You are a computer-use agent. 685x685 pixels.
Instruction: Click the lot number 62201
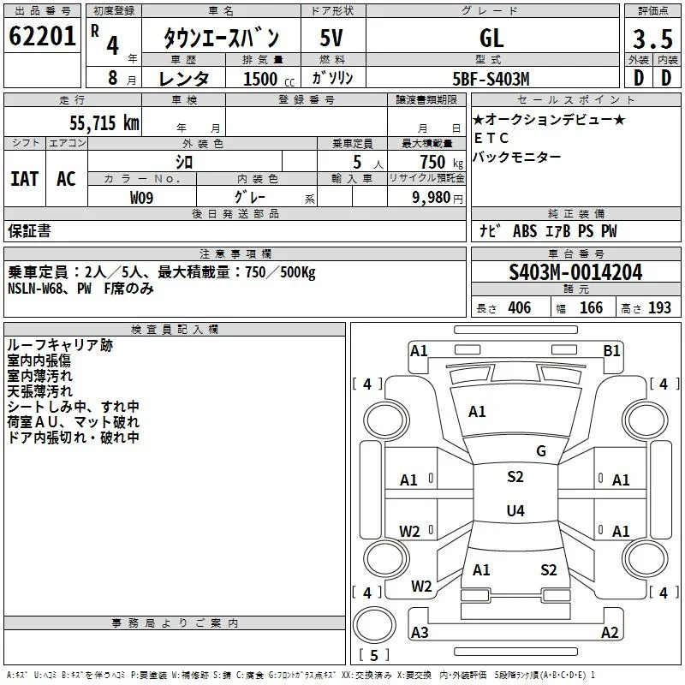point(42,35)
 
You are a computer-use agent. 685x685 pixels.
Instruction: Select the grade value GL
point(491,38)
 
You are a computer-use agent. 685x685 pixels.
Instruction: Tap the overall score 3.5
point(652,39)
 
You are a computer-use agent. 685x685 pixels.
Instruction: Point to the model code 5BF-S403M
point(491,79)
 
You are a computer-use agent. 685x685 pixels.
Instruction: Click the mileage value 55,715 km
point(104,122)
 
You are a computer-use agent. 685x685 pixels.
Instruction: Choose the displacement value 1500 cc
point(269,79)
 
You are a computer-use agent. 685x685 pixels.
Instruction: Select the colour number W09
point(141,198)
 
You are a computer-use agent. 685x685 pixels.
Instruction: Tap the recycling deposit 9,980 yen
point(438,198)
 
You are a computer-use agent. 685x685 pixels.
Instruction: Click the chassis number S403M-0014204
point(575,272)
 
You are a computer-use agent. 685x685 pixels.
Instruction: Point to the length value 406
point(520,308)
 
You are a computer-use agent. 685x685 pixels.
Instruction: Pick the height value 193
point(659,308)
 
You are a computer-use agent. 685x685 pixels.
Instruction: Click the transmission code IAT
point(25,179)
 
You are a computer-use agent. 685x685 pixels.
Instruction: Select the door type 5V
point(331,38)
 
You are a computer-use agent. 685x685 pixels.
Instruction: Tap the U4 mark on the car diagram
point(515,510)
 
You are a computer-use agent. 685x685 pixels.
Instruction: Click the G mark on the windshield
point(541,451)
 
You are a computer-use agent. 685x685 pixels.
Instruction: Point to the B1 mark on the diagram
point(611,351)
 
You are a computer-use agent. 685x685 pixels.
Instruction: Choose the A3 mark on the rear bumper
point(420,632)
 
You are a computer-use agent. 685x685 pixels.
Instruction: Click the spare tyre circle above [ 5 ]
point(374,625)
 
